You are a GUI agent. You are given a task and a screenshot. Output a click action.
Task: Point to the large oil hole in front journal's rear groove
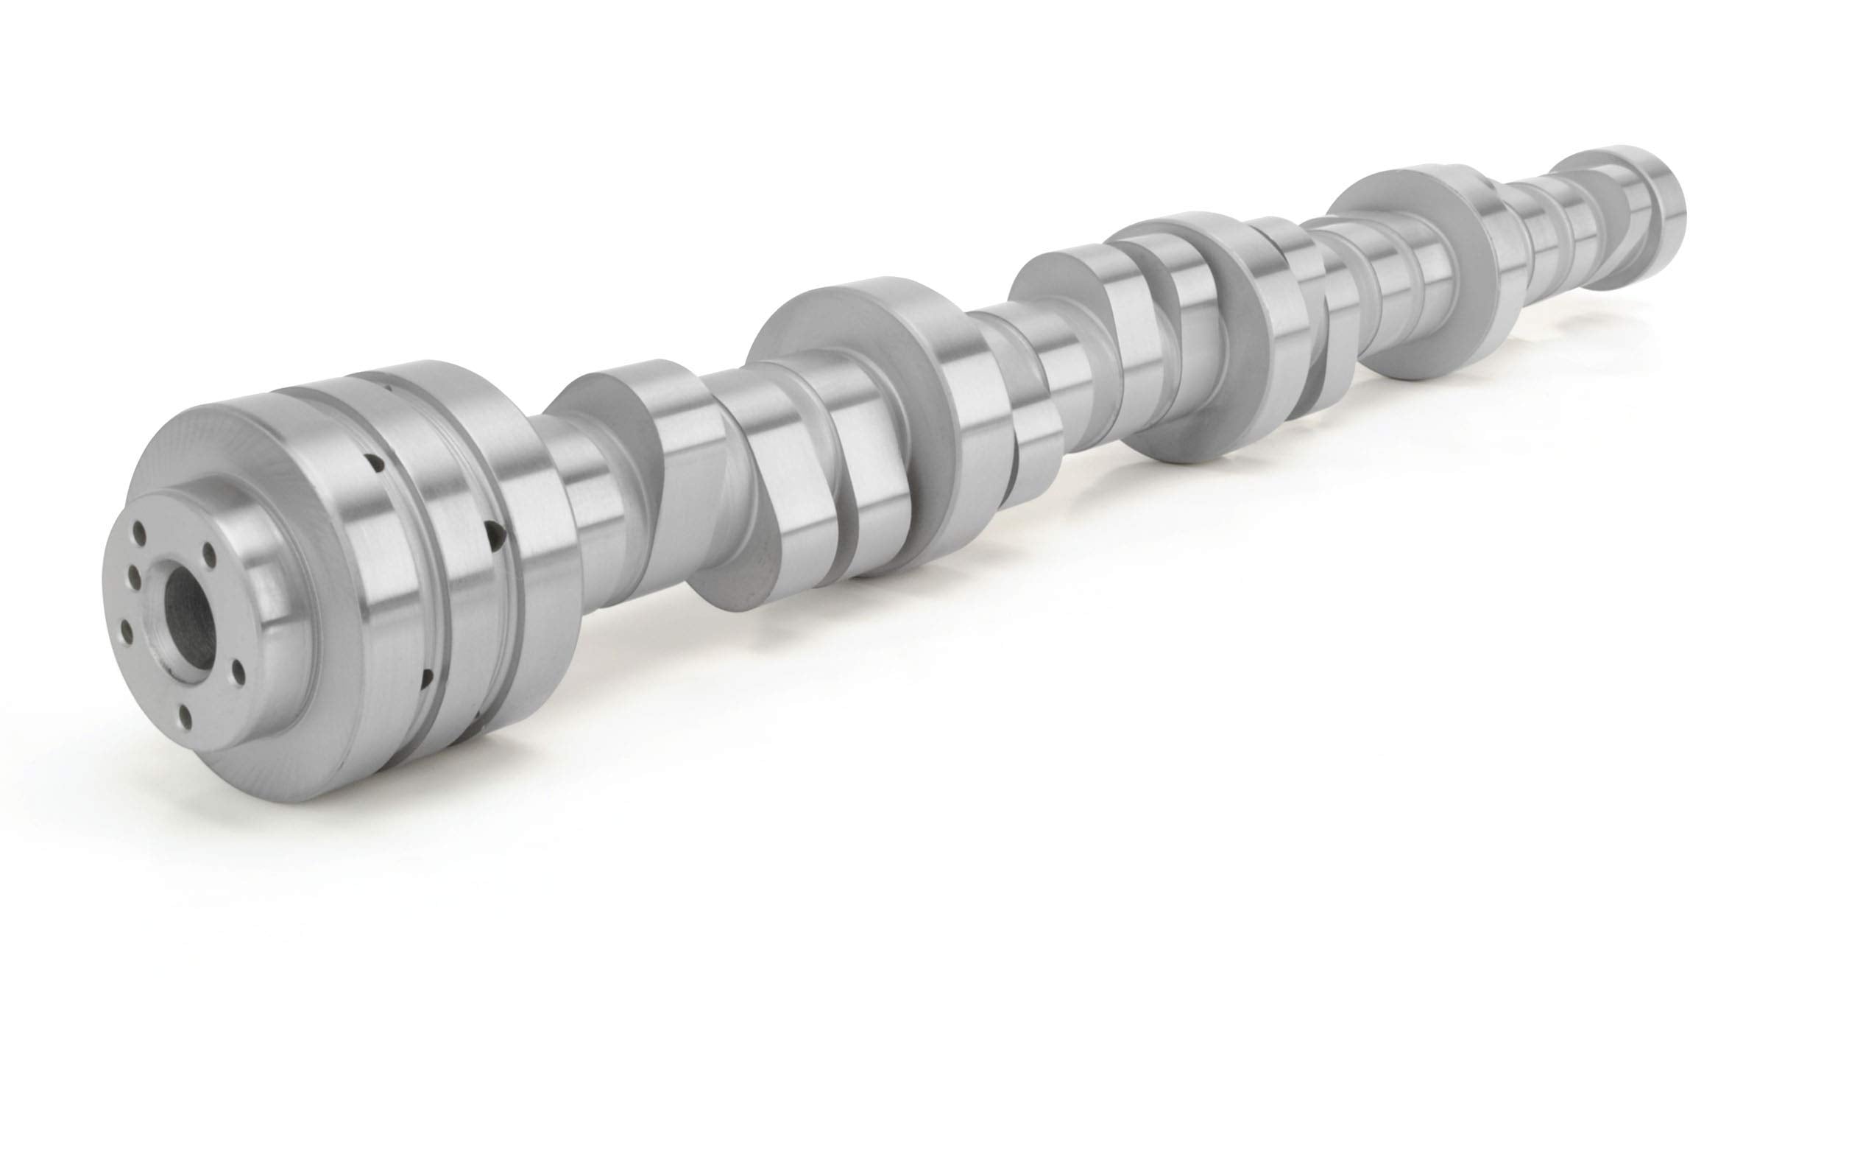[x=495, y=530]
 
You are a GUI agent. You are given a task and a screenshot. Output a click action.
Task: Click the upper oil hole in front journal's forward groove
[x=375, y=462]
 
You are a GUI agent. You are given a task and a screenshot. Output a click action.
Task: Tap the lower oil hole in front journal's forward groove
[x=427, y=678]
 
